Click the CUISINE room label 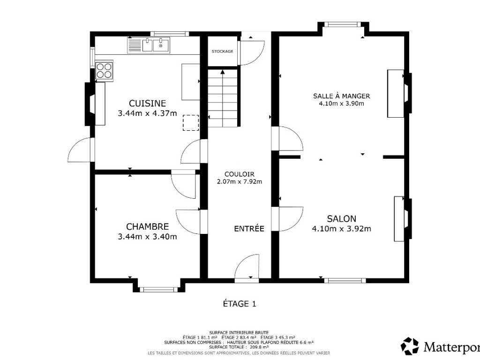pos(147,103)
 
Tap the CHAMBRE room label pos(147,226)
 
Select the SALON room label pos(341,218)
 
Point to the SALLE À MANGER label pos(341,96)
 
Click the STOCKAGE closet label pos(222,52)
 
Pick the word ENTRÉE pos(249,229)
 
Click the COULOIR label pos(240,174)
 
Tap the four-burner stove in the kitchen pos(104,70)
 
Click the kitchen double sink pos(149,45)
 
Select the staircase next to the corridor pos(223,98)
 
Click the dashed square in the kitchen pos(191,123)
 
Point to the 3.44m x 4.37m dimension pos(147,113)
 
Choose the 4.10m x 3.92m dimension pos(341,229)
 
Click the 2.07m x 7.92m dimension pos(240,181)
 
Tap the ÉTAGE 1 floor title pos(240,304)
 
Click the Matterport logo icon pos(410,346)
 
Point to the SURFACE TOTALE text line pos(239,347)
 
